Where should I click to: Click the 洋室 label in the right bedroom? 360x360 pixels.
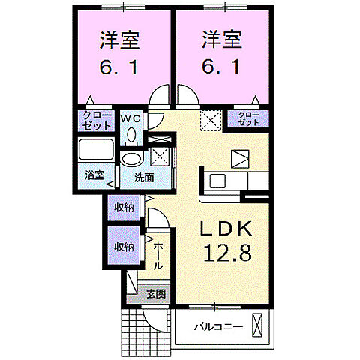pyautogui.click(x=222, y=39)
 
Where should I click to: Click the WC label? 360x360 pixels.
pyautogui.click(x=131, y=118)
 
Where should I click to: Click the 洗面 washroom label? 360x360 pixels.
pyautogui.click(x=144, y=178)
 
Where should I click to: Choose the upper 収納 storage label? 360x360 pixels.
pyautogui.click(x=124, y=208)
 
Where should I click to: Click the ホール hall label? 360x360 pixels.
pyautogui.click(x=159, y=256)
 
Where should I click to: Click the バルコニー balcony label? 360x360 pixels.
pyautogui.click(x=218, y=327)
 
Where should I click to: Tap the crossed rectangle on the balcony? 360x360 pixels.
pyautogui.click(x=259, y=327)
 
